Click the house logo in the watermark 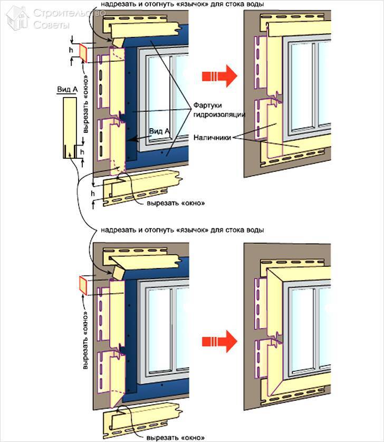[x=17, y=18]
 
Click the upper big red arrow [x=219, y=76]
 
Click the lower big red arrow [x=219, y=341]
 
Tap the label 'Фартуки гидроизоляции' [x=219, y=110]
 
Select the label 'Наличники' [x=212, y=138]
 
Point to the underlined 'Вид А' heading [x=67, y=90]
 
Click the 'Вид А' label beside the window [x=159, y=131]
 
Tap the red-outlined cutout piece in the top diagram [x=83, y=53]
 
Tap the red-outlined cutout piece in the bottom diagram [x=83, y=285]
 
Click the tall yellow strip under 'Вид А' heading [x=70, y=128]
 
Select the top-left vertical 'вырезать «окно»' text [x=86, y=104]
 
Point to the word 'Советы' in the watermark [x=51, y=25]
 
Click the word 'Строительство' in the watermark [x=69, y=13]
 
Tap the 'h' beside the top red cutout [x=71, y=50]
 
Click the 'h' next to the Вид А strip [x=82, y=152]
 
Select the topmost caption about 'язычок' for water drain [x=183, y=4]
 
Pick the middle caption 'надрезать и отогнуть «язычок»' [x=183, y=230]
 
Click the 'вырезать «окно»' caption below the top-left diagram [x=175, y=203]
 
